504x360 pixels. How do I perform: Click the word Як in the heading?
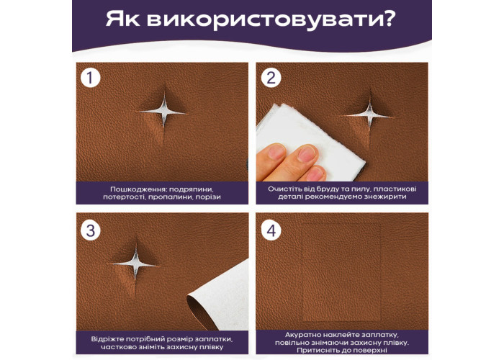(122, 19)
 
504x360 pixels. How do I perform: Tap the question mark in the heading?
(388, 19)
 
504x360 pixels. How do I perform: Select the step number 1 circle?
(90, 78)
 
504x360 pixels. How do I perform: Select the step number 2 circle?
(271, 78)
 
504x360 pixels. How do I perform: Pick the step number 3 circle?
(90, 230)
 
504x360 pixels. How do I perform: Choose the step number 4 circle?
(271, 230)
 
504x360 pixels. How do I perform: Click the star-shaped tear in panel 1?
(163, 112)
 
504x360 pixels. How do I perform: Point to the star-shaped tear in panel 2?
(369, 114)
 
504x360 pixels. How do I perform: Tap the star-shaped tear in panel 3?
(135, 265)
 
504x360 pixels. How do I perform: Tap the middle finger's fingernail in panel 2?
(307, 154)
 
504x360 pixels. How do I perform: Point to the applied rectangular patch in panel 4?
(341, 273)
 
